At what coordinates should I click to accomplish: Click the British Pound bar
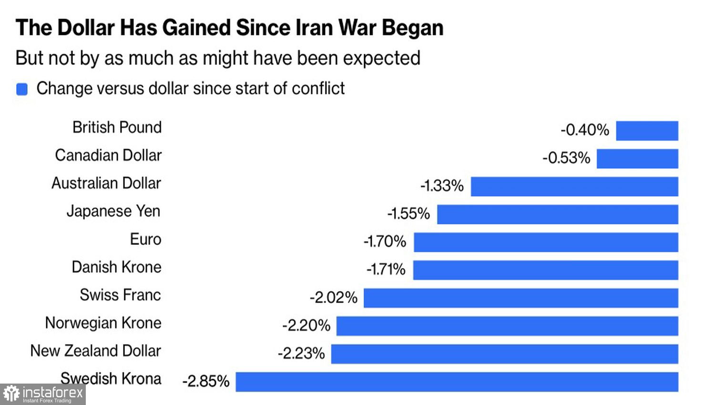coord(647,131)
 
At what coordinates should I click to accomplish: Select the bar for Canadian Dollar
coord(637,159)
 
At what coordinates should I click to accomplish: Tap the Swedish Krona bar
coord(457,382)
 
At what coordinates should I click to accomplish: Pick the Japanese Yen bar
coord(557,214)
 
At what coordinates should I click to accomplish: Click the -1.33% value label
coord(442,185)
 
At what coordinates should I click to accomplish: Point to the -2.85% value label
coord(206,381)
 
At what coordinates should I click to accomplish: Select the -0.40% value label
coord(585,130)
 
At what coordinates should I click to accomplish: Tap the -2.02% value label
coord(334,297)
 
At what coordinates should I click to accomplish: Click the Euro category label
coord(145,239)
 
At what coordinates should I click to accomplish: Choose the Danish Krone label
coord(116,267)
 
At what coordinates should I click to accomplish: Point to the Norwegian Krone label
coord(103,323)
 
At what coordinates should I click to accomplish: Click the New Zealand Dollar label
coord(95,351)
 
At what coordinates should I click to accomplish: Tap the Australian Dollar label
coord(106,183)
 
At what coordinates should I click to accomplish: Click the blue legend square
coord(22,89)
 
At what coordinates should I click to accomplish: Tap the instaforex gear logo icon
coord(11,394)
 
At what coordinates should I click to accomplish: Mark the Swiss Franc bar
coord(521,298)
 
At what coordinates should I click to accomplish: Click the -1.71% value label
coord(386,269)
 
